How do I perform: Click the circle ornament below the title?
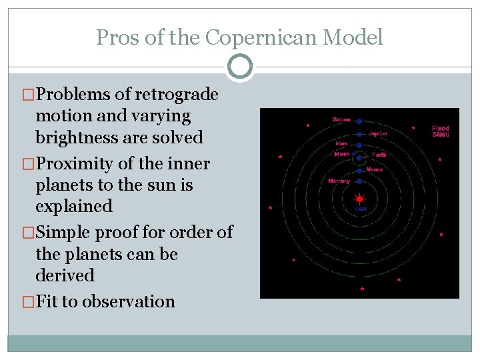(x=240, y=67)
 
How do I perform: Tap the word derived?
(x=65, y=275)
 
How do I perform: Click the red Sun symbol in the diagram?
(x=359, y=198)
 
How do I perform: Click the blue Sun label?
(x=360, y=209)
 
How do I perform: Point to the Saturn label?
(x=341, y=120)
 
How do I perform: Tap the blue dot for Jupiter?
(x=359, y=133)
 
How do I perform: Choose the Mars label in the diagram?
(x=341, y=143)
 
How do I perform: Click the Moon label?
(x=341, y=154)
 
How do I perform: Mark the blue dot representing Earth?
(x=359, y=158)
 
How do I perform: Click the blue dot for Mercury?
(x=359, y=181)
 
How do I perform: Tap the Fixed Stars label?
(x=441, y=131)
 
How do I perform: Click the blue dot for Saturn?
(x=359, y=121)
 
